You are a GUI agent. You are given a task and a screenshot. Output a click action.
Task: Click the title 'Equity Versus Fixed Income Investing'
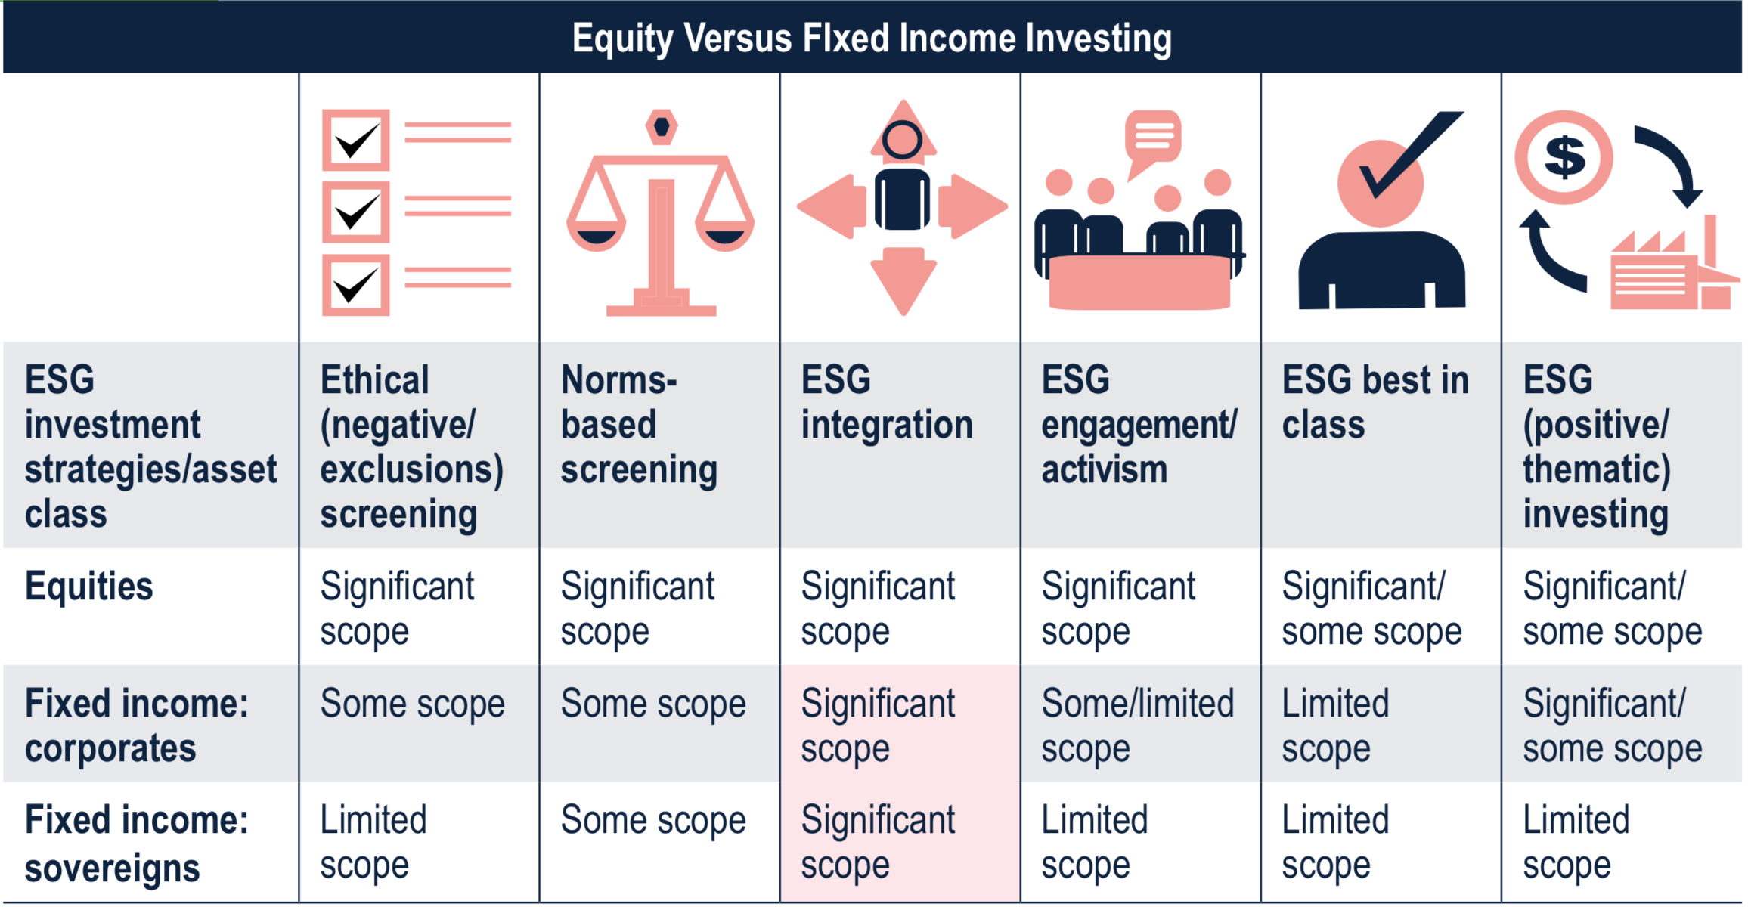click(872, 39)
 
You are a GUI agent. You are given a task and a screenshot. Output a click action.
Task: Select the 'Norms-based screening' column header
click(639, 424)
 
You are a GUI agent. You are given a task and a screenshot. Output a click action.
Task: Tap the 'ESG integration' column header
click(887, 401)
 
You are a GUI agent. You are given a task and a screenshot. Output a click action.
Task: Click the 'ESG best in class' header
click(1375, 401)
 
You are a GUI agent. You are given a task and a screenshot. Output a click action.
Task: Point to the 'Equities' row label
click(88, 587)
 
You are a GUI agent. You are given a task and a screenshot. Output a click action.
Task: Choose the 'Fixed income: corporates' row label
click(136, 726)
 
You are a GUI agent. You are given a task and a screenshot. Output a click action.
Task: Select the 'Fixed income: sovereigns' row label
click(136, 844)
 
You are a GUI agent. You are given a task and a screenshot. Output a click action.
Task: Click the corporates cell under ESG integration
click(878, 726)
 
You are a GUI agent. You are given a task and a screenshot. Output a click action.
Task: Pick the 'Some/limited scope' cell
click(1138, 726)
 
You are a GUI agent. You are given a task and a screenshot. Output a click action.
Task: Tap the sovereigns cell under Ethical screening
click(373, 844)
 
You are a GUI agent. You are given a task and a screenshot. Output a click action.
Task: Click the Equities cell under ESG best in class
click(1371, 609)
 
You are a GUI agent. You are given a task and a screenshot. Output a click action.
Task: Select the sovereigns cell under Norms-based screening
click(653, 821)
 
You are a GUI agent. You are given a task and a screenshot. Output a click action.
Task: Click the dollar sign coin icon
click(1564, 157)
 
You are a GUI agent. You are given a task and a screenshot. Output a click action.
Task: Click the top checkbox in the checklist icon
click(356, 140)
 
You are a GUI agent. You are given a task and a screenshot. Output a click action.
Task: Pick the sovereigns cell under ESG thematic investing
click(1576, 844)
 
